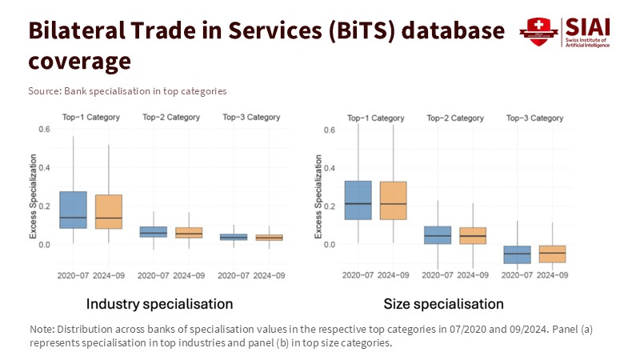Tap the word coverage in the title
[x=79, y=60]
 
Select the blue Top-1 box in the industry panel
[x=73, y=210]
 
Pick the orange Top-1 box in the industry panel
[x=109, y=211]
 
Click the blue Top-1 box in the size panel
[x=358, y=200]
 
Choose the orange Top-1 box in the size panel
[x=393, y=200]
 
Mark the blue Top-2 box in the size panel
[x=437, y=234]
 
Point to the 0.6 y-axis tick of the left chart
[x=44, y=130]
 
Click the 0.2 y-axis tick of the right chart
[x=329, y=206]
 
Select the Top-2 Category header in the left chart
[x=171, y=118]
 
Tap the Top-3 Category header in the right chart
[x=535, y=118]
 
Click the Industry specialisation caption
[x=159, y=304]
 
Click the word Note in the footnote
[x=42, y=329]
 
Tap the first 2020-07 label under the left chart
[x=73, y=275]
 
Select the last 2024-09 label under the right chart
[x=553, y=275]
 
